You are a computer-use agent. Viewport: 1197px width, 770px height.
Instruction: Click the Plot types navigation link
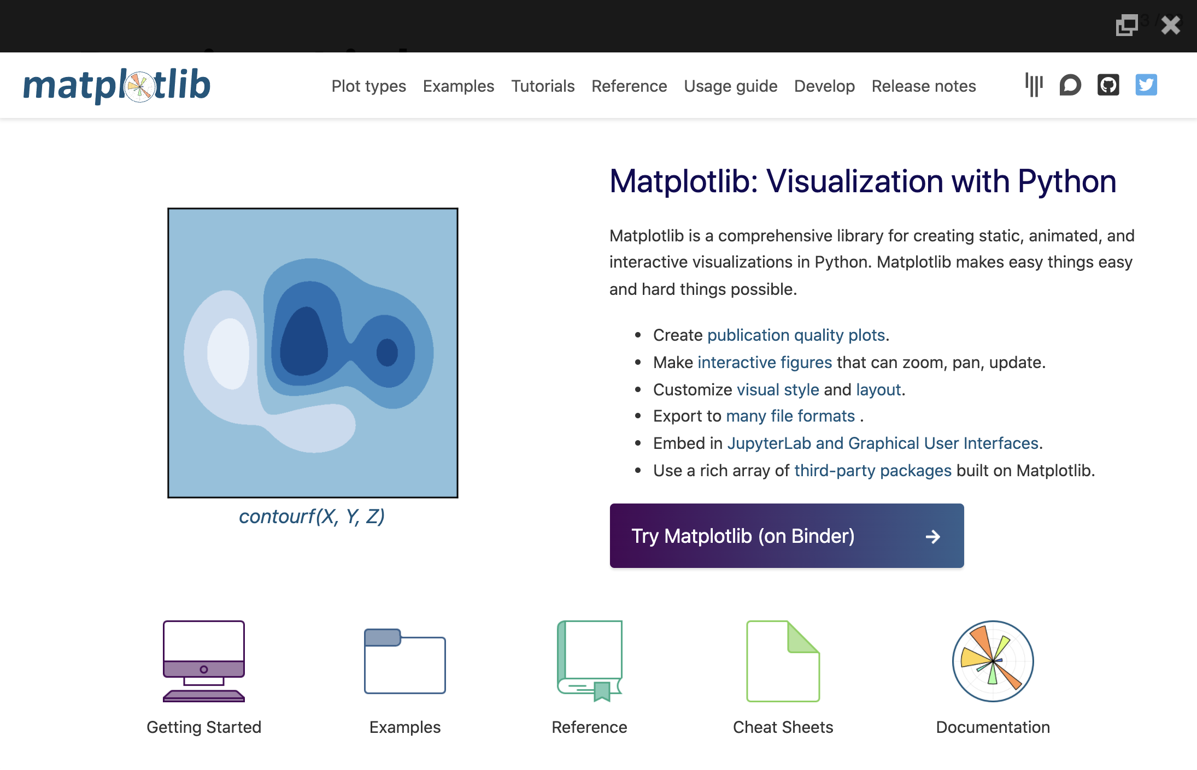click(x=368, y=86)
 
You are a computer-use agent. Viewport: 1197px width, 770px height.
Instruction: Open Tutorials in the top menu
click(x=542, y=86)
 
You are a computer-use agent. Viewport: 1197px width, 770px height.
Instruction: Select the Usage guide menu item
click(x=730, y=86)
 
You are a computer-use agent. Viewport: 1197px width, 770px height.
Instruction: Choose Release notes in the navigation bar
click(x=923, y=86)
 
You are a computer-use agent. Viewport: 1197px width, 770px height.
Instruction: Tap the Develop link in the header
click(x=824, y=86)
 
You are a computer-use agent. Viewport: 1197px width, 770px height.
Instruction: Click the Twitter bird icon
click(x=1146, y=85)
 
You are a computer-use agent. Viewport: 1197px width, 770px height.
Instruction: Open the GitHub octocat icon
click(x=1108, y=85)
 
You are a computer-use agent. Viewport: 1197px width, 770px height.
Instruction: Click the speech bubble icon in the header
click(x=1070, y=85)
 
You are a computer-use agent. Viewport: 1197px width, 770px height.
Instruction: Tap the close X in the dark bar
click(x=1170, y=25)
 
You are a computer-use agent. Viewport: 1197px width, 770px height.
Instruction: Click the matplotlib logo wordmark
click(x=116, y=86)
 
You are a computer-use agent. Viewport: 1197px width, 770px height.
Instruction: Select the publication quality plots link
click(x=796, y=335)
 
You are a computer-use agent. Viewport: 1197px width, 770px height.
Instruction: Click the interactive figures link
click(x=764, y=363)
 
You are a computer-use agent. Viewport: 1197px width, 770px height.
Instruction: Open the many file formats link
click(x=790, y=416)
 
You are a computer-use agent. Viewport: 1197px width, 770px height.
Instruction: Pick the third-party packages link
click(x=872, y=471)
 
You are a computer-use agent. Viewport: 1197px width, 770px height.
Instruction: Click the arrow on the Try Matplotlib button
click(x=932, y=537)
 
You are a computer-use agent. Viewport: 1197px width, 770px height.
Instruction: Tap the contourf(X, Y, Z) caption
click(x=312, y=517)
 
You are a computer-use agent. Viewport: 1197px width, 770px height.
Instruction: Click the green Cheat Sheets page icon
click(x=783, y=661)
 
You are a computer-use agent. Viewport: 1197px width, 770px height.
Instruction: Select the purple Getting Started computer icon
click(x=203, y=661)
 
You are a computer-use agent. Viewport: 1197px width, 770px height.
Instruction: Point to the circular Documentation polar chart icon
click(x=993, y=661)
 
